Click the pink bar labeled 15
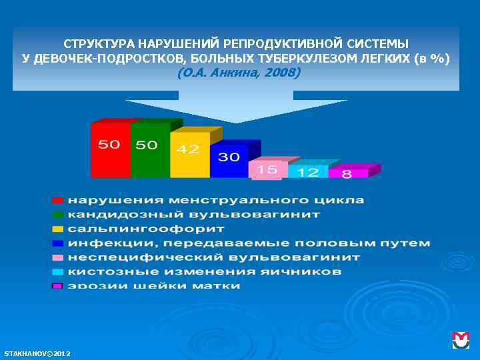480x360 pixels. [267, 170]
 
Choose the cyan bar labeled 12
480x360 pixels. [308, 172]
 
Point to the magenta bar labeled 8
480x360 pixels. [347, 173]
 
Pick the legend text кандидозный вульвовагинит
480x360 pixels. [194, 215]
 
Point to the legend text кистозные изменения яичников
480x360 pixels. [205, 272]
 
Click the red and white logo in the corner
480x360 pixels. [461, 341]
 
